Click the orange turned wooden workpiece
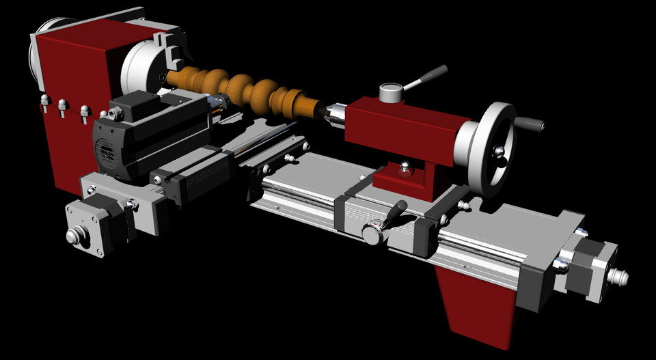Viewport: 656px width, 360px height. (x=246, y=89)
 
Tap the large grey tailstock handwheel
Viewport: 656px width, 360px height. (x=487, y=148)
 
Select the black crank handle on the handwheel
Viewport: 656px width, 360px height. (x=529, y=124)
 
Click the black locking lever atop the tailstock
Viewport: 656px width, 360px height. (x=426, y=77)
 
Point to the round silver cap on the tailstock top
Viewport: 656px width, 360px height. (x=391, y=92)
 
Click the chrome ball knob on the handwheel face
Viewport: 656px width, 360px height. (x=500, y=151)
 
